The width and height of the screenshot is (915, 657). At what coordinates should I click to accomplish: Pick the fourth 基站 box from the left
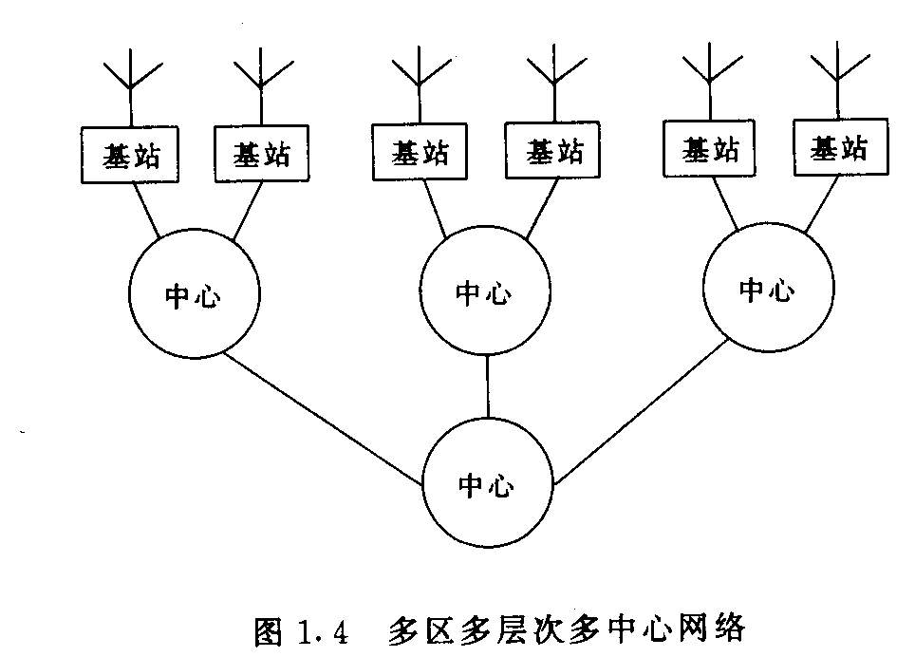(552, 150)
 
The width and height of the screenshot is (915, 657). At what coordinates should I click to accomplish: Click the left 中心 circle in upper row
(193, 296)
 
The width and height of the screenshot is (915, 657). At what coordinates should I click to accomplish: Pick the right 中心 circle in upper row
(767, 290)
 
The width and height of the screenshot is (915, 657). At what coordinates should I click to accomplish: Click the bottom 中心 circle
(488, 485)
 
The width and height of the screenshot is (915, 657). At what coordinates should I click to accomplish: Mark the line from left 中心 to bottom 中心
(323, 417)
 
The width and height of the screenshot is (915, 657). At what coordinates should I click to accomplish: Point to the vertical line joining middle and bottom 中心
(488, 387)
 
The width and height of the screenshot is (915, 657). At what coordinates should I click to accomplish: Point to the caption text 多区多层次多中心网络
(568, 629)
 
